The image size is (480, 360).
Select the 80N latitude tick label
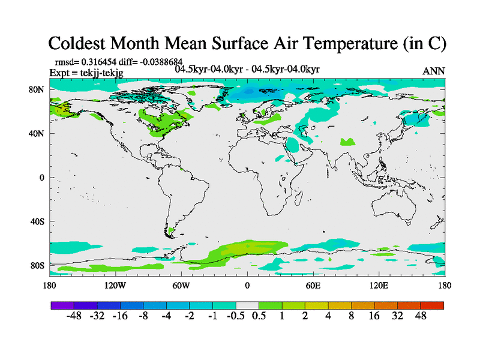(x=37, y=90)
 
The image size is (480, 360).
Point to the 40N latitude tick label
(x=37, y=134)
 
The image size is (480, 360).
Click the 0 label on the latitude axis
(x=42, y=178)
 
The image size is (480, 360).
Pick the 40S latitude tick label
(x=37, y=221)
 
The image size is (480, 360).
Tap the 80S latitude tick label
(x=37, y=265)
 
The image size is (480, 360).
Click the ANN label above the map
(x=434, y=71)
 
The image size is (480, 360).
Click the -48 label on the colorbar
(x=74, y=316)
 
